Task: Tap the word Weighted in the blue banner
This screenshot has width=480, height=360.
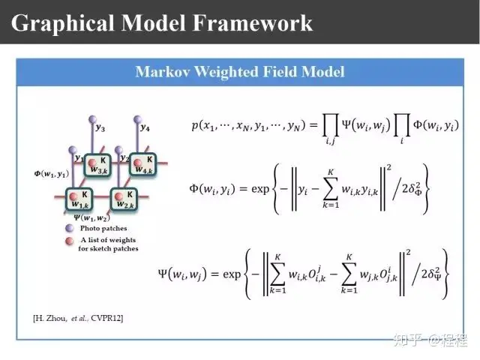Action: point(221,72)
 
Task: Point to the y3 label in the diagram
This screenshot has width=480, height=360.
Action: point(100,128)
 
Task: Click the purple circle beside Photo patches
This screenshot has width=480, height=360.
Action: point(69,228)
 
